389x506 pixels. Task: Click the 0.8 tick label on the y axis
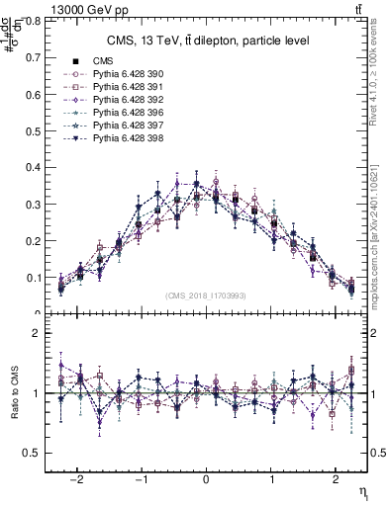33,20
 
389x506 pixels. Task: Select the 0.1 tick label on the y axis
33,278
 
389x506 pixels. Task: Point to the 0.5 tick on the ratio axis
33,453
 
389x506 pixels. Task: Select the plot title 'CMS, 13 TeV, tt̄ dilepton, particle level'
208,41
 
